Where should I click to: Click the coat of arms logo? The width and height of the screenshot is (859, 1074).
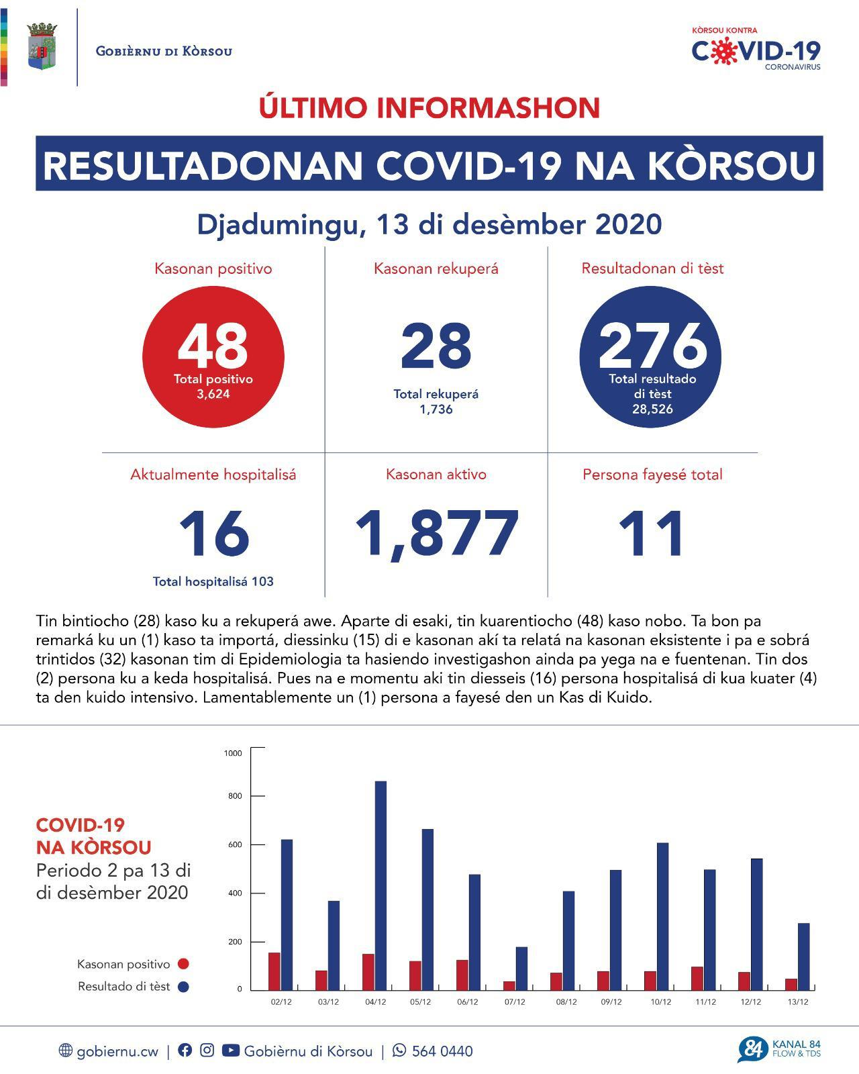42,47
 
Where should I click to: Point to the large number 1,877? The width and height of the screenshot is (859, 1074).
436,534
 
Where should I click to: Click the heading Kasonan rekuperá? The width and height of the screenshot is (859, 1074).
436,269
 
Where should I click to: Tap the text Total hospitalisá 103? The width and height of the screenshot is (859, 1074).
213,581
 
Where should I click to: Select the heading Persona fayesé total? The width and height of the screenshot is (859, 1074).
652,475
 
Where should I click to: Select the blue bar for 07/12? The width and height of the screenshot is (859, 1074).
521,967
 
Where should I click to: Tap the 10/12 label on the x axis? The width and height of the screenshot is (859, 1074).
660,1002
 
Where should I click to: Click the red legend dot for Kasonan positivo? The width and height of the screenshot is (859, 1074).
183,964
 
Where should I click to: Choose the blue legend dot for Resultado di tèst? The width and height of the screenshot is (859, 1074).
183,987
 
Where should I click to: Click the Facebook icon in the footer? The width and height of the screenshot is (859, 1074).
185,1051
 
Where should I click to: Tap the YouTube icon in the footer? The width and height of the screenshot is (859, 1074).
230,1051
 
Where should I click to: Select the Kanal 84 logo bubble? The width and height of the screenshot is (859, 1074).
752,1049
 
